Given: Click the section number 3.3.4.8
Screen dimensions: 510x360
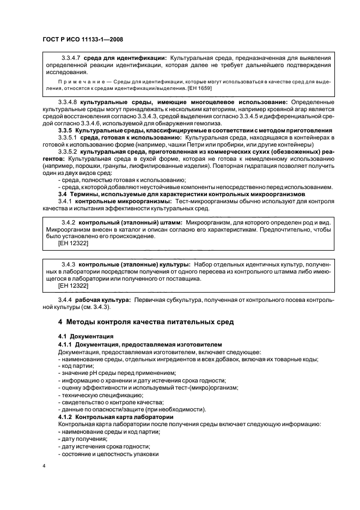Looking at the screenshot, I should (68, 102).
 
